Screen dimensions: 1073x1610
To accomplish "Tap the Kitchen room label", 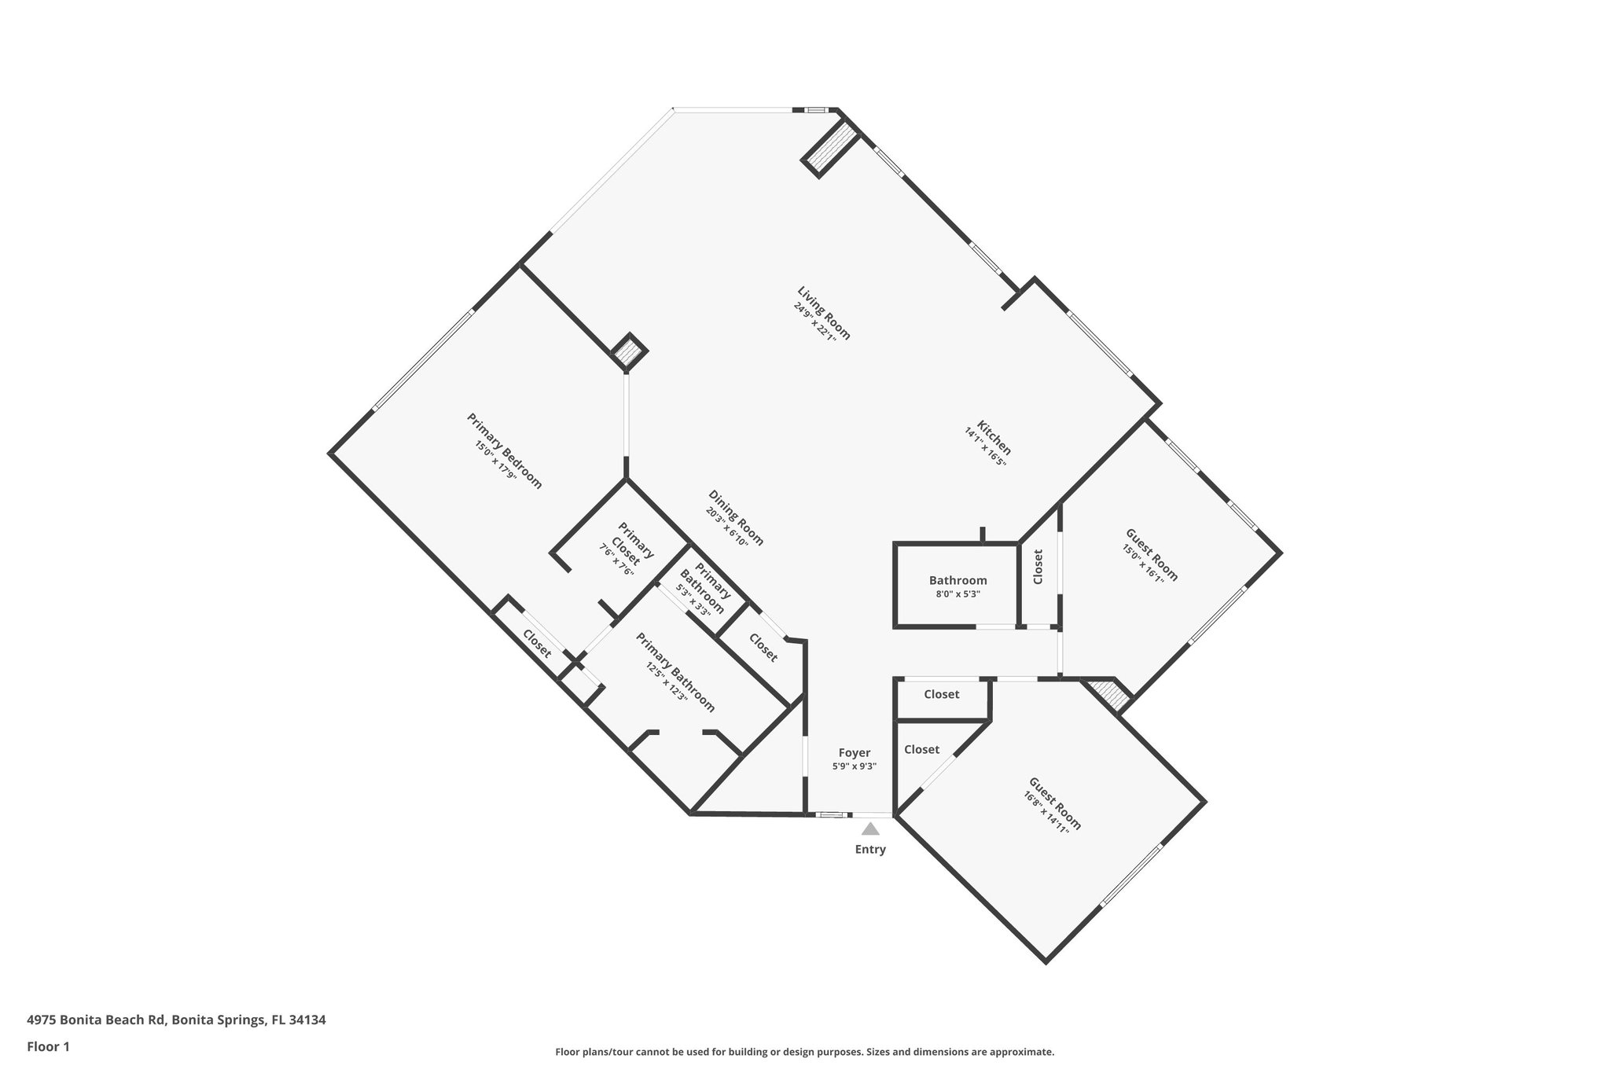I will click(994, 437).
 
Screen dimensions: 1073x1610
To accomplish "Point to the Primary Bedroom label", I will click(505, 450).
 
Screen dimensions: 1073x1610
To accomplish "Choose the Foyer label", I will click(854, 753).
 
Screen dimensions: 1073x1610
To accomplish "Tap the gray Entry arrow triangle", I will click(870, 829).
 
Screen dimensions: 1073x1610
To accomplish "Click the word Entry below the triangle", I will click(870, 850).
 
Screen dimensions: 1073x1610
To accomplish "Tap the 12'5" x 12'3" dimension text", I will click(667, 681).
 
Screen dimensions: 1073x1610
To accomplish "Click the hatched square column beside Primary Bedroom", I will click(629, 351).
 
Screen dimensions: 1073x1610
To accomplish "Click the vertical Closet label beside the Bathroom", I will click(1038, 566).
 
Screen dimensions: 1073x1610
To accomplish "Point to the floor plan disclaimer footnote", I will click(804, 1052).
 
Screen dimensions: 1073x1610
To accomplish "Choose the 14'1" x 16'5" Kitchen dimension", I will click(985, 446).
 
